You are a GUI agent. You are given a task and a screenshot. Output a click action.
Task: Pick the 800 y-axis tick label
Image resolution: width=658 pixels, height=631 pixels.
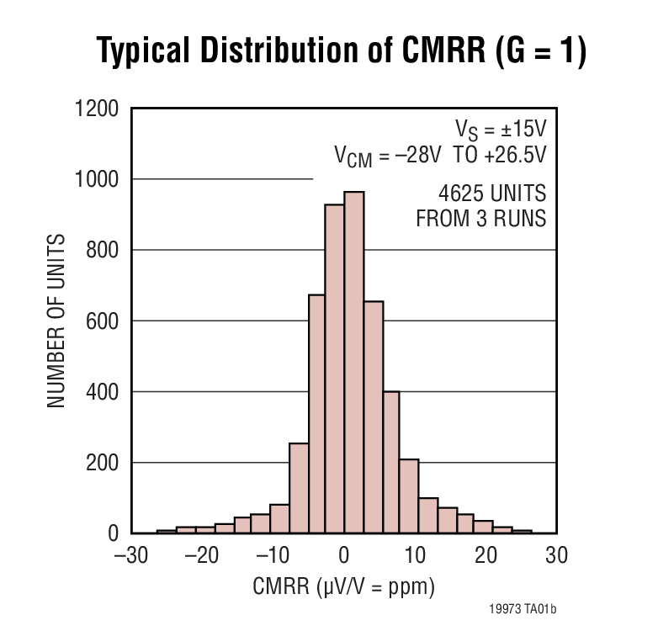coord(105,250)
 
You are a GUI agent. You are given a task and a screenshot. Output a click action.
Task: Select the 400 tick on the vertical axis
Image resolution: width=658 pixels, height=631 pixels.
coord(105,392)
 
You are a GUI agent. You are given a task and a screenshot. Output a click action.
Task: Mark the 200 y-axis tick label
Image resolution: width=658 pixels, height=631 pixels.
coord(105,463)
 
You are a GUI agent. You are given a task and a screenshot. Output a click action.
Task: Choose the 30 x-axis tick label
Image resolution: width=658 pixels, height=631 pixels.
coord(555,556)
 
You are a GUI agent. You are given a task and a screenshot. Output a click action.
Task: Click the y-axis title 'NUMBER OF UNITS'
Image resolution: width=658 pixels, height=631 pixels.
coord(56,321)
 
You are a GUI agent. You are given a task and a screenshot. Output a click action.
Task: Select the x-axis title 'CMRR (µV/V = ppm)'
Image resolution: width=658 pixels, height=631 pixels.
coord(343,587)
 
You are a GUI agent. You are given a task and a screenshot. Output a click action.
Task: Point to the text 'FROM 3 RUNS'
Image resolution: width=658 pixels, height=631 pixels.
coord(481,219)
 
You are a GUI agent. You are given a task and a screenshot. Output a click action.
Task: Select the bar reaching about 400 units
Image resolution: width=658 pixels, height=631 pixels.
coord(390,462)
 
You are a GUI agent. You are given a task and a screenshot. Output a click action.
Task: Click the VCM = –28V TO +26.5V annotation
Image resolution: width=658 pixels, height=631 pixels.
coord(440,156)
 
